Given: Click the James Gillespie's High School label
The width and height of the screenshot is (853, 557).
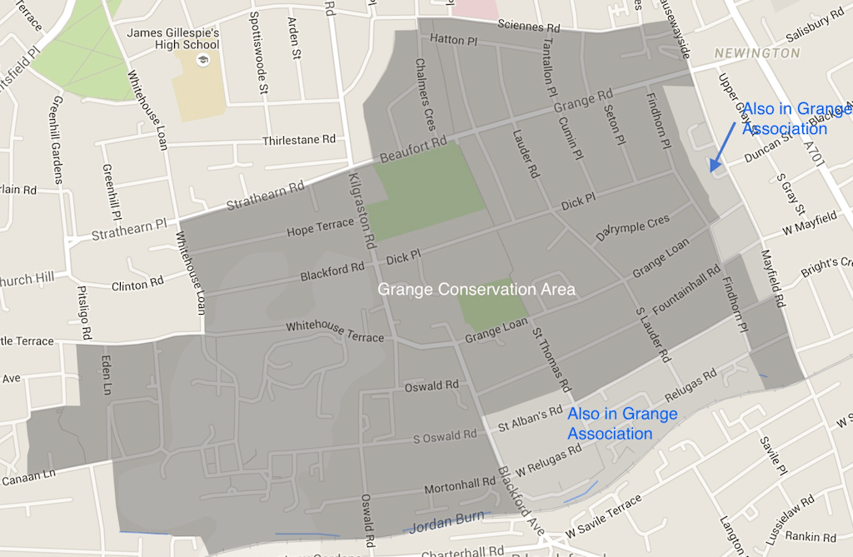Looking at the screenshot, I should point(172,38).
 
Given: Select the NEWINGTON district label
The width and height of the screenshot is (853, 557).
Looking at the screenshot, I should point(757,53).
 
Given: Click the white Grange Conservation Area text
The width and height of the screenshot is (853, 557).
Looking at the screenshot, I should point(476,290).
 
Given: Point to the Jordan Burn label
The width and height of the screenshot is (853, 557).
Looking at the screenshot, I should point(448,520).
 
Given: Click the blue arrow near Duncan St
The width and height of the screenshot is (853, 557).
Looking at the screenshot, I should point(721,147).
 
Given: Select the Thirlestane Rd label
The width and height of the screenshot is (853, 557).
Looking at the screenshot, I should point(298,140).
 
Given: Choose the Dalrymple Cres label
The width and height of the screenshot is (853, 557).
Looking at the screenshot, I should point(633,228).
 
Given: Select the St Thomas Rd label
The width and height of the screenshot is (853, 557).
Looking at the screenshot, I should point(551,361).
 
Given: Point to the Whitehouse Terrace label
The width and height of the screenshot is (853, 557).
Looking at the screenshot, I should point(335,331).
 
